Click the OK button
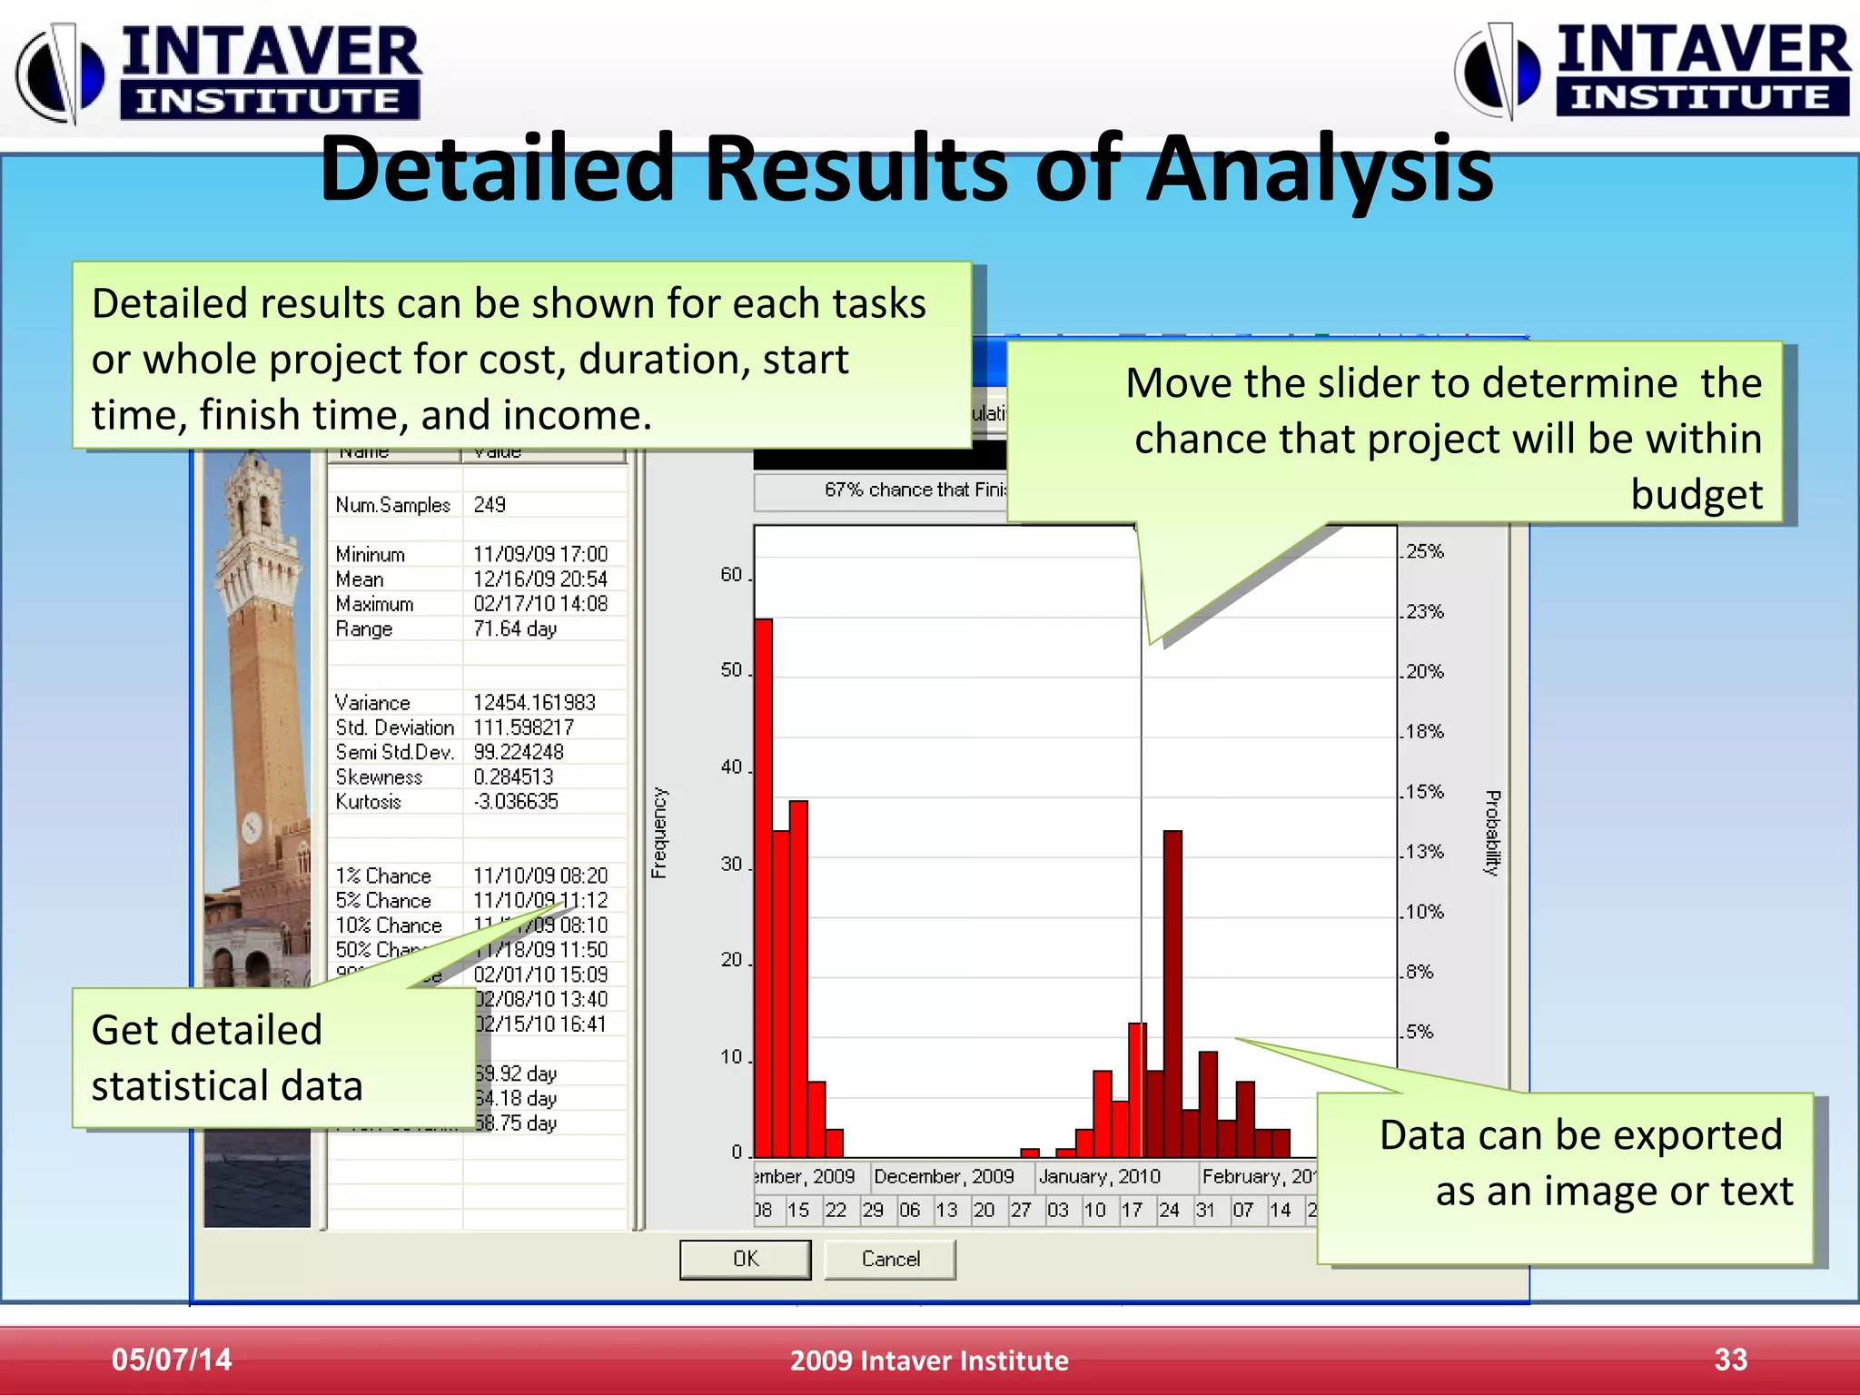click(x=745, y=1259)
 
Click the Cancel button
click(x=890, y=1259)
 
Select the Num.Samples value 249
click(x=490, y=505)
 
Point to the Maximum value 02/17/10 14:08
click(x=540, y=604)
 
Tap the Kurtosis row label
click(x=368, y=802)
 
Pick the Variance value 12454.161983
click(x=534, y=703)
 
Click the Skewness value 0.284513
click(x=513, y=777)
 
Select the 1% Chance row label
click(x=383, y=876)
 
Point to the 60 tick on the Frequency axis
click(x=731, y=575)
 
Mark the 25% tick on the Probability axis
click(x=1424, y=551)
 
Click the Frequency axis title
click(x=659, y=833)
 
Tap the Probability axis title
click(x=1492, y=833)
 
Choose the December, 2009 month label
click(x=944, y=1177)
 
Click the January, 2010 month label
click(x=1100, y=1177)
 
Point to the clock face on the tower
click(x=252, y=826)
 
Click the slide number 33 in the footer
click(x=1730, y=1360)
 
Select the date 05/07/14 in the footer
click(x=172, y=1360)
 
